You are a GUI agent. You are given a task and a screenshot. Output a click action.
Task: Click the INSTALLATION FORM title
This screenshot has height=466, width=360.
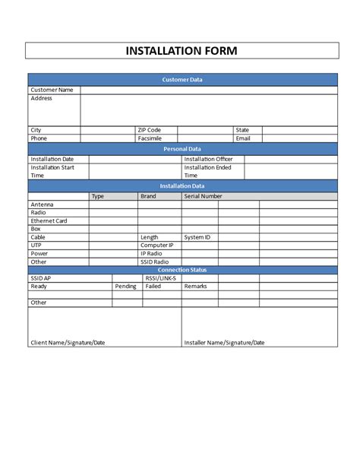point(182,51)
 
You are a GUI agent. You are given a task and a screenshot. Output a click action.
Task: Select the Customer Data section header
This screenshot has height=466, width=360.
point(182,80)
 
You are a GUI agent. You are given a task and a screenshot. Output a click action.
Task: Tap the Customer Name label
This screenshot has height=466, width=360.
point(52,90)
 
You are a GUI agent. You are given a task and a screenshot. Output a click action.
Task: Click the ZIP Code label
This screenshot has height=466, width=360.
point(150,130)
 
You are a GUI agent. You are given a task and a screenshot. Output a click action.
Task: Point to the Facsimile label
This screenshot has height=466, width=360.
point(151,138)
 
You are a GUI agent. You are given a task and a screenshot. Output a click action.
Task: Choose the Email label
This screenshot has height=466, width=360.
point(243,138)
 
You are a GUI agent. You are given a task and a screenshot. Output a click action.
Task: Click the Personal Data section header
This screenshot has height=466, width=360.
point(182,149)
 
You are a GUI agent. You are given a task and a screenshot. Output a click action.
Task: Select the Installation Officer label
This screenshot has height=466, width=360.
point(208,159)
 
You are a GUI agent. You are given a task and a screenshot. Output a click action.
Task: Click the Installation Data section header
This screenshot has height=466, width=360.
point(182,185)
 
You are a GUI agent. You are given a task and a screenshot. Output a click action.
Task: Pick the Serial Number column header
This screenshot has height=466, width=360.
point(203,196)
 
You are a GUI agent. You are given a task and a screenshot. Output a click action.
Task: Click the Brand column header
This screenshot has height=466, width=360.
point(148,196)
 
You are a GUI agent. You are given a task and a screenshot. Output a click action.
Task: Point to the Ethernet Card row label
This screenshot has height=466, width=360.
point(49,220)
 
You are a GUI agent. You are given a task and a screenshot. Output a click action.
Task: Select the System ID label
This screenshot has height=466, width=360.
point(197,237)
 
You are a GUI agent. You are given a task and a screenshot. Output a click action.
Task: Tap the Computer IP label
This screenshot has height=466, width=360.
point(157,246)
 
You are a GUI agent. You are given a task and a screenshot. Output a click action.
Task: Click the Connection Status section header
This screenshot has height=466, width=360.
point(182,270)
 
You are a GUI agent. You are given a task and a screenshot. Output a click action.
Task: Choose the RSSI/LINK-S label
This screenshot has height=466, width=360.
point(160,278)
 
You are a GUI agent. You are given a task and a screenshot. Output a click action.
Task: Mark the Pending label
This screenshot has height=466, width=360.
point(125,287)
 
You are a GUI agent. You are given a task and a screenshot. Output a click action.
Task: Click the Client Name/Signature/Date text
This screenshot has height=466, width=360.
point(68,343)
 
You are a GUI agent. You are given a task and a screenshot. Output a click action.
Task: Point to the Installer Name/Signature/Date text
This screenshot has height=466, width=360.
point(224,343)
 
